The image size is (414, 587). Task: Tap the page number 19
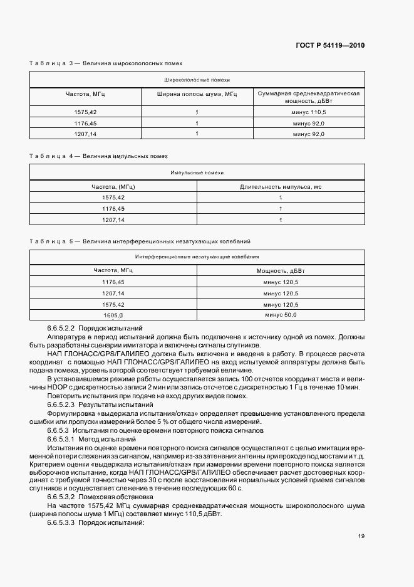pos(361,536)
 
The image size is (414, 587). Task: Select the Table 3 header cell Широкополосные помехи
pos(197,80)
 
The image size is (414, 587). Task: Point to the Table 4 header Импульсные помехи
pos(197,172)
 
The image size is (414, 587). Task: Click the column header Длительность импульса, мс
pos(281,186)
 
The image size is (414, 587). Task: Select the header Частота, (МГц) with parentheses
pos(113,186)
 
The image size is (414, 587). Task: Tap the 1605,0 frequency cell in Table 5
pos(113,315)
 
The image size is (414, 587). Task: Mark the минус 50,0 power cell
pos(281,315)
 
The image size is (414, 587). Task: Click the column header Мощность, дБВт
pos(281,270)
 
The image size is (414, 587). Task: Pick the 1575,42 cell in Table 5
pos(113,304)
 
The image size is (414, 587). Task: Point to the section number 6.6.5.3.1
pos(61,440)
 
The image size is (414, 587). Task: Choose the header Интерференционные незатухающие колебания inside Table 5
pos(197,256)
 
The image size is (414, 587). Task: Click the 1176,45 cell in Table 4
pos(113,208)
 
